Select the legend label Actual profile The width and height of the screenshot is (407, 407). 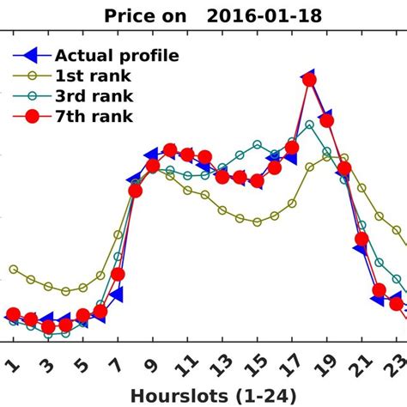(x=117, y=56)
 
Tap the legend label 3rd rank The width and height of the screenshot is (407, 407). (x=93, y=95)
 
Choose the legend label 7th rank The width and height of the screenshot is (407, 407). (x=93, y=116)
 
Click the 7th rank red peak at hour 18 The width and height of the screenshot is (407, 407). (x=309, y=80)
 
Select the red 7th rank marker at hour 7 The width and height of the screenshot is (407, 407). (x=118, y=275)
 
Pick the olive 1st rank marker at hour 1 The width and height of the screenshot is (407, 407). (x=14, y=270)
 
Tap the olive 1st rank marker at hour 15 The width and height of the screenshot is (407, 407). (x=257, y=222)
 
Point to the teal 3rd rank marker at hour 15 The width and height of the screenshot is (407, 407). (x=257, y=144)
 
